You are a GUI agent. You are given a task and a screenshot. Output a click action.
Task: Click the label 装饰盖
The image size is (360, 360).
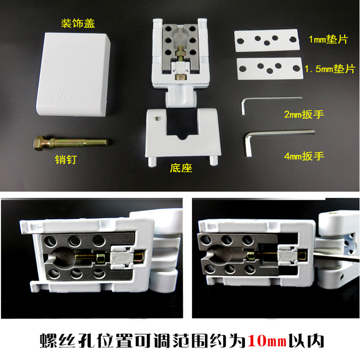click(78, 23)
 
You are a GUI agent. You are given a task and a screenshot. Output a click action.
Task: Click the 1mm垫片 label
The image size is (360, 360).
click(328, 39)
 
